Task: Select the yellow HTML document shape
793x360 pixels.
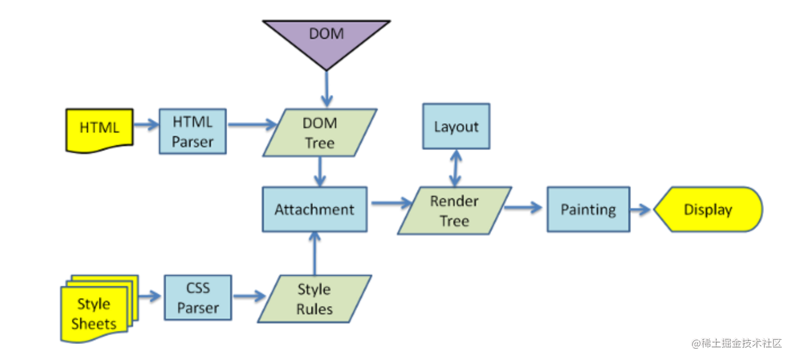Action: click(99, 129)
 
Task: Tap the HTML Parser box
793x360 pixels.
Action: click(192, 131)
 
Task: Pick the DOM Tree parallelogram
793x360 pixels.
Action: click(320, 133)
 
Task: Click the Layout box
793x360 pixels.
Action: click(456, 126)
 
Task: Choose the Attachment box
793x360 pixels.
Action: click(314, 209)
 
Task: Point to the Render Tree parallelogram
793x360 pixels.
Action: click(454, 210)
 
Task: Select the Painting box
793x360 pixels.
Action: click(588, 209)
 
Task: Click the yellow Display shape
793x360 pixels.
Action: click(708, 209)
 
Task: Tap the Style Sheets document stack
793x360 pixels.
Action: click(95, 310)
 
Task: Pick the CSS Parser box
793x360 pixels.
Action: click(197, 298)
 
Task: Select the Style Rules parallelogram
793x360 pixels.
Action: click(314, 299)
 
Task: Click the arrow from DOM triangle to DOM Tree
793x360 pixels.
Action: click(327, 89)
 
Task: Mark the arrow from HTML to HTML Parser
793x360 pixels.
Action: click(146, 125)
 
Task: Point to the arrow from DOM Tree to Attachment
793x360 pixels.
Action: click(320, 172)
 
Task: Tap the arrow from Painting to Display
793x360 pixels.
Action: click(641, 209)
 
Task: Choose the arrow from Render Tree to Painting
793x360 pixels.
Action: click(523, 208)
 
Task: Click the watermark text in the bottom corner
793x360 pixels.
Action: click(737, 343)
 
